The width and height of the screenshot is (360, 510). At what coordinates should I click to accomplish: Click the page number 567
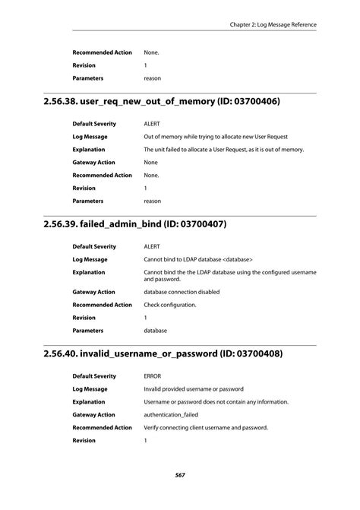[180, 475]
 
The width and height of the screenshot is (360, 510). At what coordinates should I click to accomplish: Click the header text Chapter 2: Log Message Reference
[273, 24]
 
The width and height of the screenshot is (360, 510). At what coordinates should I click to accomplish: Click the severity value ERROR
[153, 376]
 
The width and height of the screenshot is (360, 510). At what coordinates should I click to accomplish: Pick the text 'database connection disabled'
[182, 292]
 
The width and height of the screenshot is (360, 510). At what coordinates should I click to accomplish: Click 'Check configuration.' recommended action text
[170, 305]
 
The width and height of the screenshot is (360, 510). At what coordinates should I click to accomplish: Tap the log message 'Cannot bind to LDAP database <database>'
[198, 259]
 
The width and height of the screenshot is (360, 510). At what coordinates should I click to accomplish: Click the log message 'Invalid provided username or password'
[194, 389]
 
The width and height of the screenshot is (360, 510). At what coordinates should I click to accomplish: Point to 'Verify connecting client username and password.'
[206, 428]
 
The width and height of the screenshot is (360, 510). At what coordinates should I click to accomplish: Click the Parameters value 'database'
[156, 331]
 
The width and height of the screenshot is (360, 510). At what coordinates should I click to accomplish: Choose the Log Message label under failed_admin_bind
[90, 259]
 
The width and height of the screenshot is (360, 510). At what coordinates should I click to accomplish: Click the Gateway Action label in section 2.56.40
[93, 415]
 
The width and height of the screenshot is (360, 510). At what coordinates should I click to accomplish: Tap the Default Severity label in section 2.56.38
[94, 123]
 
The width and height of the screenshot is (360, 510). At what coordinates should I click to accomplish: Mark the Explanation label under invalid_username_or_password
[89, 402]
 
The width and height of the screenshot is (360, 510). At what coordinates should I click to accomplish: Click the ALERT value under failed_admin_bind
[152, 246]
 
